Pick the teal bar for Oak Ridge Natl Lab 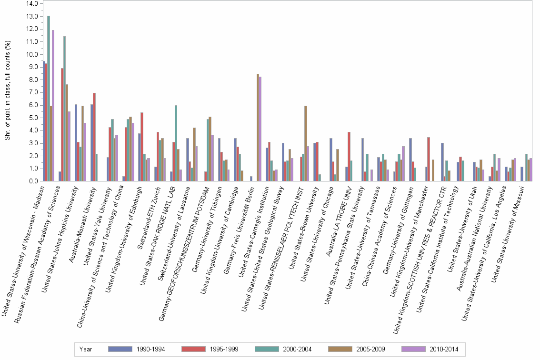coord(176,143)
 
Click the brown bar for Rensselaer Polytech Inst coord(306,143)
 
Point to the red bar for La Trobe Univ coord(349,157)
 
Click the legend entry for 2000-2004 coord(284,349)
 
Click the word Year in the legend coord(86,349)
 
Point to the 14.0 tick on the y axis coord(31,4)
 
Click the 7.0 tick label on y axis coord(32,92)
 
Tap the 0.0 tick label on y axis coord(32,181)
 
